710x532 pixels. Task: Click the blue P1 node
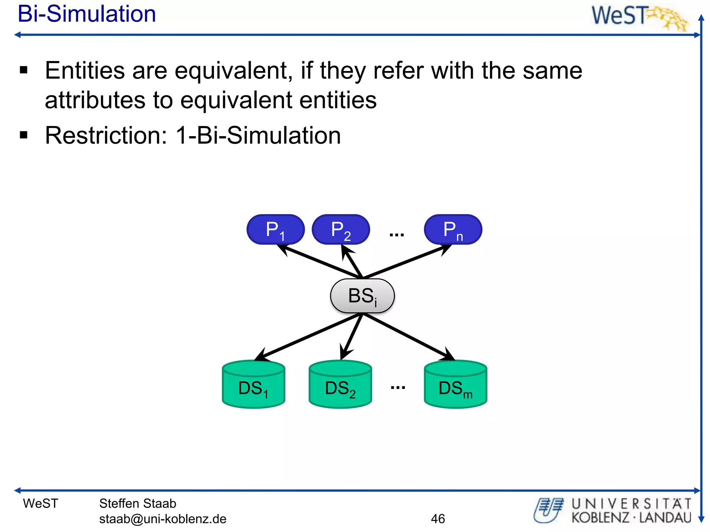pos(275,229)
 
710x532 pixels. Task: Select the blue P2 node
pos(340,229)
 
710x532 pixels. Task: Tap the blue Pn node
pos(453,229)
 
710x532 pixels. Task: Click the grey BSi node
pos(362,296)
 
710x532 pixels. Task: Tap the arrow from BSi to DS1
pos(309,336)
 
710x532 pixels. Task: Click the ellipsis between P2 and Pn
pos(397,235)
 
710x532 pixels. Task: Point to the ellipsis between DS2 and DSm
pos(398,387)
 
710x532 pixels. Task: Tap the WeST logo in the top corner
pos(640,17)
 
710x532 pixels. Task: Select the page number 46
pos(438,518)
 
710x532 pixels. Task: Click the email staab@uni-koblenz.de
pos(163,518)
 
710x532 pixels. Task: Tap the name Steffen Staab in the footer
pos(138,503)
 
